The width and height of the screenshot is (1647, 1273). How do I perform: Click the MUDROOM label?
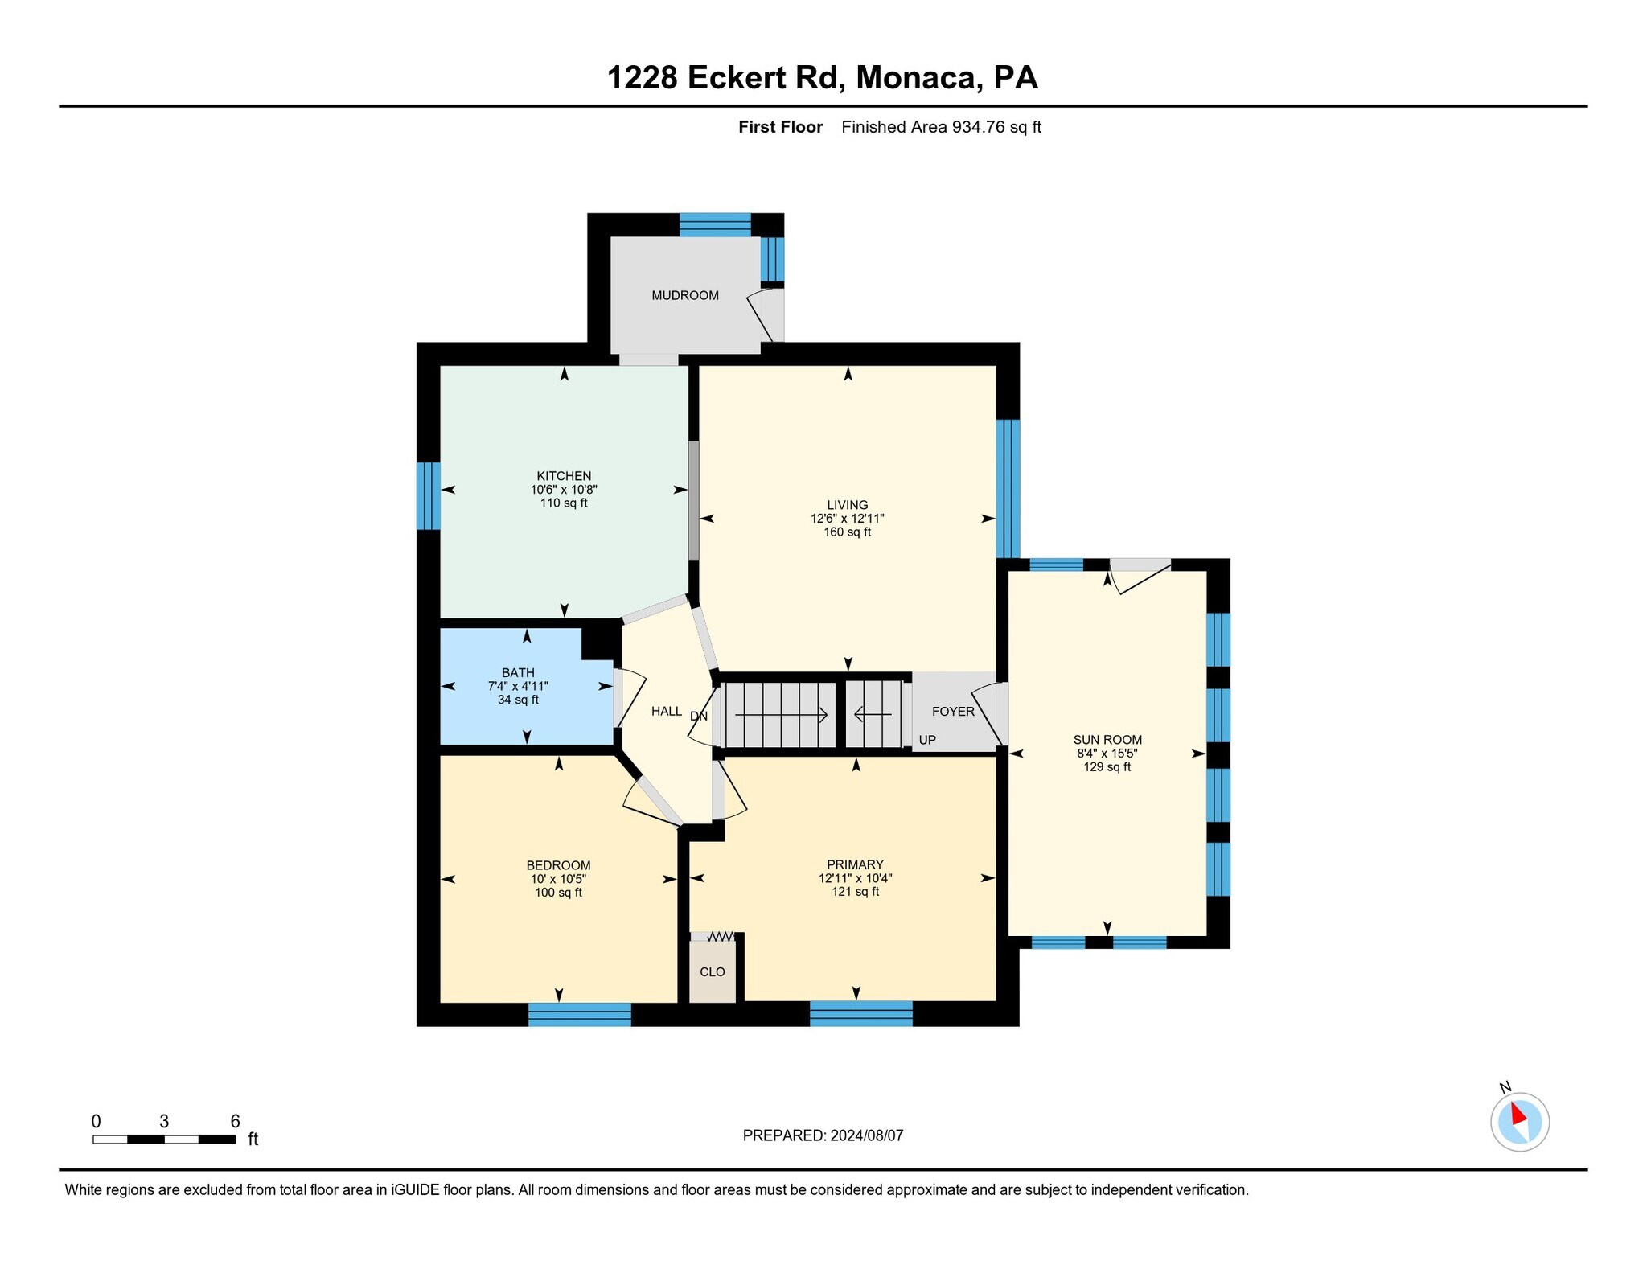coord(684,295)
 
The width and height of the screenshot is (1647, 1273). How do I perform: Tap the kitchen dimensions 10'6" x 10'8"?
coord(563,489)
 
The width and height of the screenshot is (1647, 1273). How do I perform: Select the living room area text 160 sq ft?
coord(847,532)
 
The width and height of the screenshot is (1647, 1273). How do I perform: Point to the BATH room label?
coord(518,672)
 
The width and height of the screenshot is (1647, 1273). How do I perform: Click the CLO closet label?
coord(712,971)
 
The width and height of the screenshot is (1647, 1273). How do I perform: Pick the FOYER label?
coord(952,712)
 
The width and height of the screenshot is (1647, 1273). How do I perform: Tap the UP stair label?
coord(926,740)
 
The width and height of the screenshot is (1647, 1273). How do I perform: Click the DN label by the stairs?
coord(698,716)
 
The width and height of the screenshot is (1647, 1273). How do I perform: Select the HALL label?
coord(666,712)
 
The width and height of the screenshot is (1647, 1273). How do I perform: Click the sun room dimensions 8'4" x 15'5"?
coord(1107,754)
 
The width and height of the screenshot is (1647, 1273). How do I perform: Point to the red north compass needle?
coord(1518,1115)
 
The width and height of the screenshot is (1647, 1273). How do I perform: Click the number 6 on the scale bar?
coord(235,1121)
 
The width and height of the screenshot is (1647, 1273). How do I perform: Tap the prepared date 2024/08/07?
coord(867,1135)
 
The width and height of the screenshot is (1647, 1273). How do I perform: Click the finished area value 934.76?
coord(977,127)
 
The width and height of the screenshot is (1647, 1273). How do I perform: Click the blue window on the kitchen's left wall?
coord(428,495)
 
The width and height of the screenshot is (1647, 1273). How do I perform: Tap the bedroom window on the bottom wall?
coord(579,1014)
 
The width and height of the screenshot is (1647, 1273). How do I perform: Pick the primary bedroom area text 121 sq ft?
coord(855,892)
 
